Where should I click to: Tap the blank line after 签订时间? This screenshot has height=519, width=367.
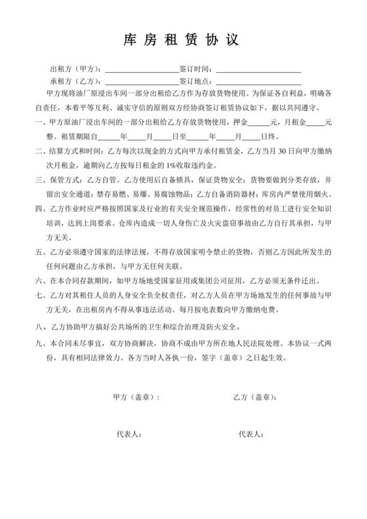tap(258, 69)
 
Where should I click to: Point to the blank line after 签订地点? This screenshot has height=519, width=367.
tap(258, 81)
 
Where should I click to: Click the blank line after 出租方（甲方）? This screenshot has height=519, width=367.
tap(142, 69)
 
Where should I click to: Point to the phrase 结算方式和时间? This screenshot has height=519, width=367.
tap(71, 152)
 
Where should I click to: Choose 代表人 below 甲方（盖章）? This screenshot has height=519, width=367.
tap(128, 434)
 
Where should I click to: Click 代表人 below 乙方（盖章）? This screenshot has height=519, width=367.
tap(251, 434)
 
